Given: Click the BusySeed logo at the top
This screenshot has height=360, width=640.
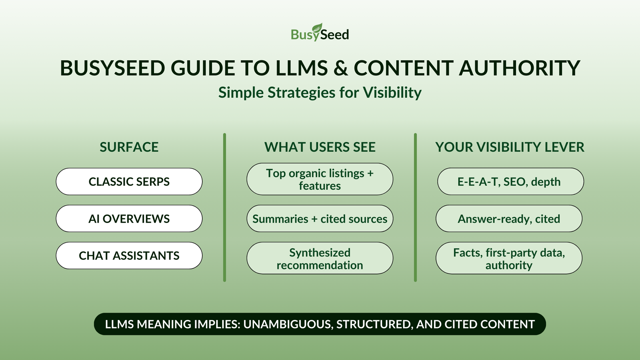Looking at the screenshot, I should (x=320, y=33).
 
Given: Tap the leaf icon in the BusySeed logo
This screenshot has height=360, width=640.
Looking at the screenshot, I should (x=317, y=28).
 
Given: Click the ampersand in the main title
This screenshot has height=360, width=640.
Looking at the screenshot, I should (x=340, y=68).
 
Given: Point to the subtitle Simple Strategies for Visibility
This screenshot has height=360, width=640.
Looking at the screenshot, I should (x=320, y=93).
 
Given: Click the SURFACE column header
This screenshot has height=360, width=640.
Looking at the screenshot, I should (x=129, y=147).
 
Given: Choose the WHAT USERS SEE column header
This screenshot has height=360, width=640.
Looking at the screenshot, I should (x=320, y=147).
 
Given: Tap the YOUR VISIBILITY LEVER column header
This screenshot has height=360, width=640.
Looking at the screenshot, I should (x=509, y=147).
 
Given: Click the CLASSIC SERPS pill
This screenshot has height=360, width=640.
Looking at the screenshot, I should (x=129, y=182).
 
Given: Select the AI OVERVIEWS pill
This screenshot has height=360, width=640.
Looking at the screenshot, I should (x=129, y=219).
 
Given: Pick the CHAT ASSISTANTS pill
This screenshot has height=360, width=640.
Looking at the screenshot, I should (x=129, y=256).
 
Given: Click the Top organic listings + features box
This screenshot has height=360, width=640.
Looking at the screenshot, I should (x=320, y=179).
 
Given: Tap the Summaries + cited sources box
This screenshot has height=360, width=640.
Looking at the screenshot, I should (x=320, y=219).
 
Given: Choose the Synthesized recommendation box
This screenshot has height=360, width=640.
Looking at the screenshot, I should (x=320, y=258).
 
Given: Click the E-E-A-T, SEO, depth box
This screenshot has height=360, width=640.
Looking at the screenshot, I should (x=510, y=182).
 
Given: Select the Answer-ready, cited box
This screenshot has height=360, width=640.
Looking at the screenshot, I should (x=509, y=219).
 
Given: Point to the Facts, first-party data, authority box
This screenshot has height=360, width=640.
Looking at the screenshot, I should (x=509, y=258).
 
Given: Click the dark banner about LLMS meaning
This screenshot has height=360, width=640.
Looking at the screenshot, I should (x=320, y=324).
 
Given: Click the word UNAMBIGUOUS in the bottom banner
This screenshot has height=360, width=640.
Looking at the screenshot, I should (x=288, y=324).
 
